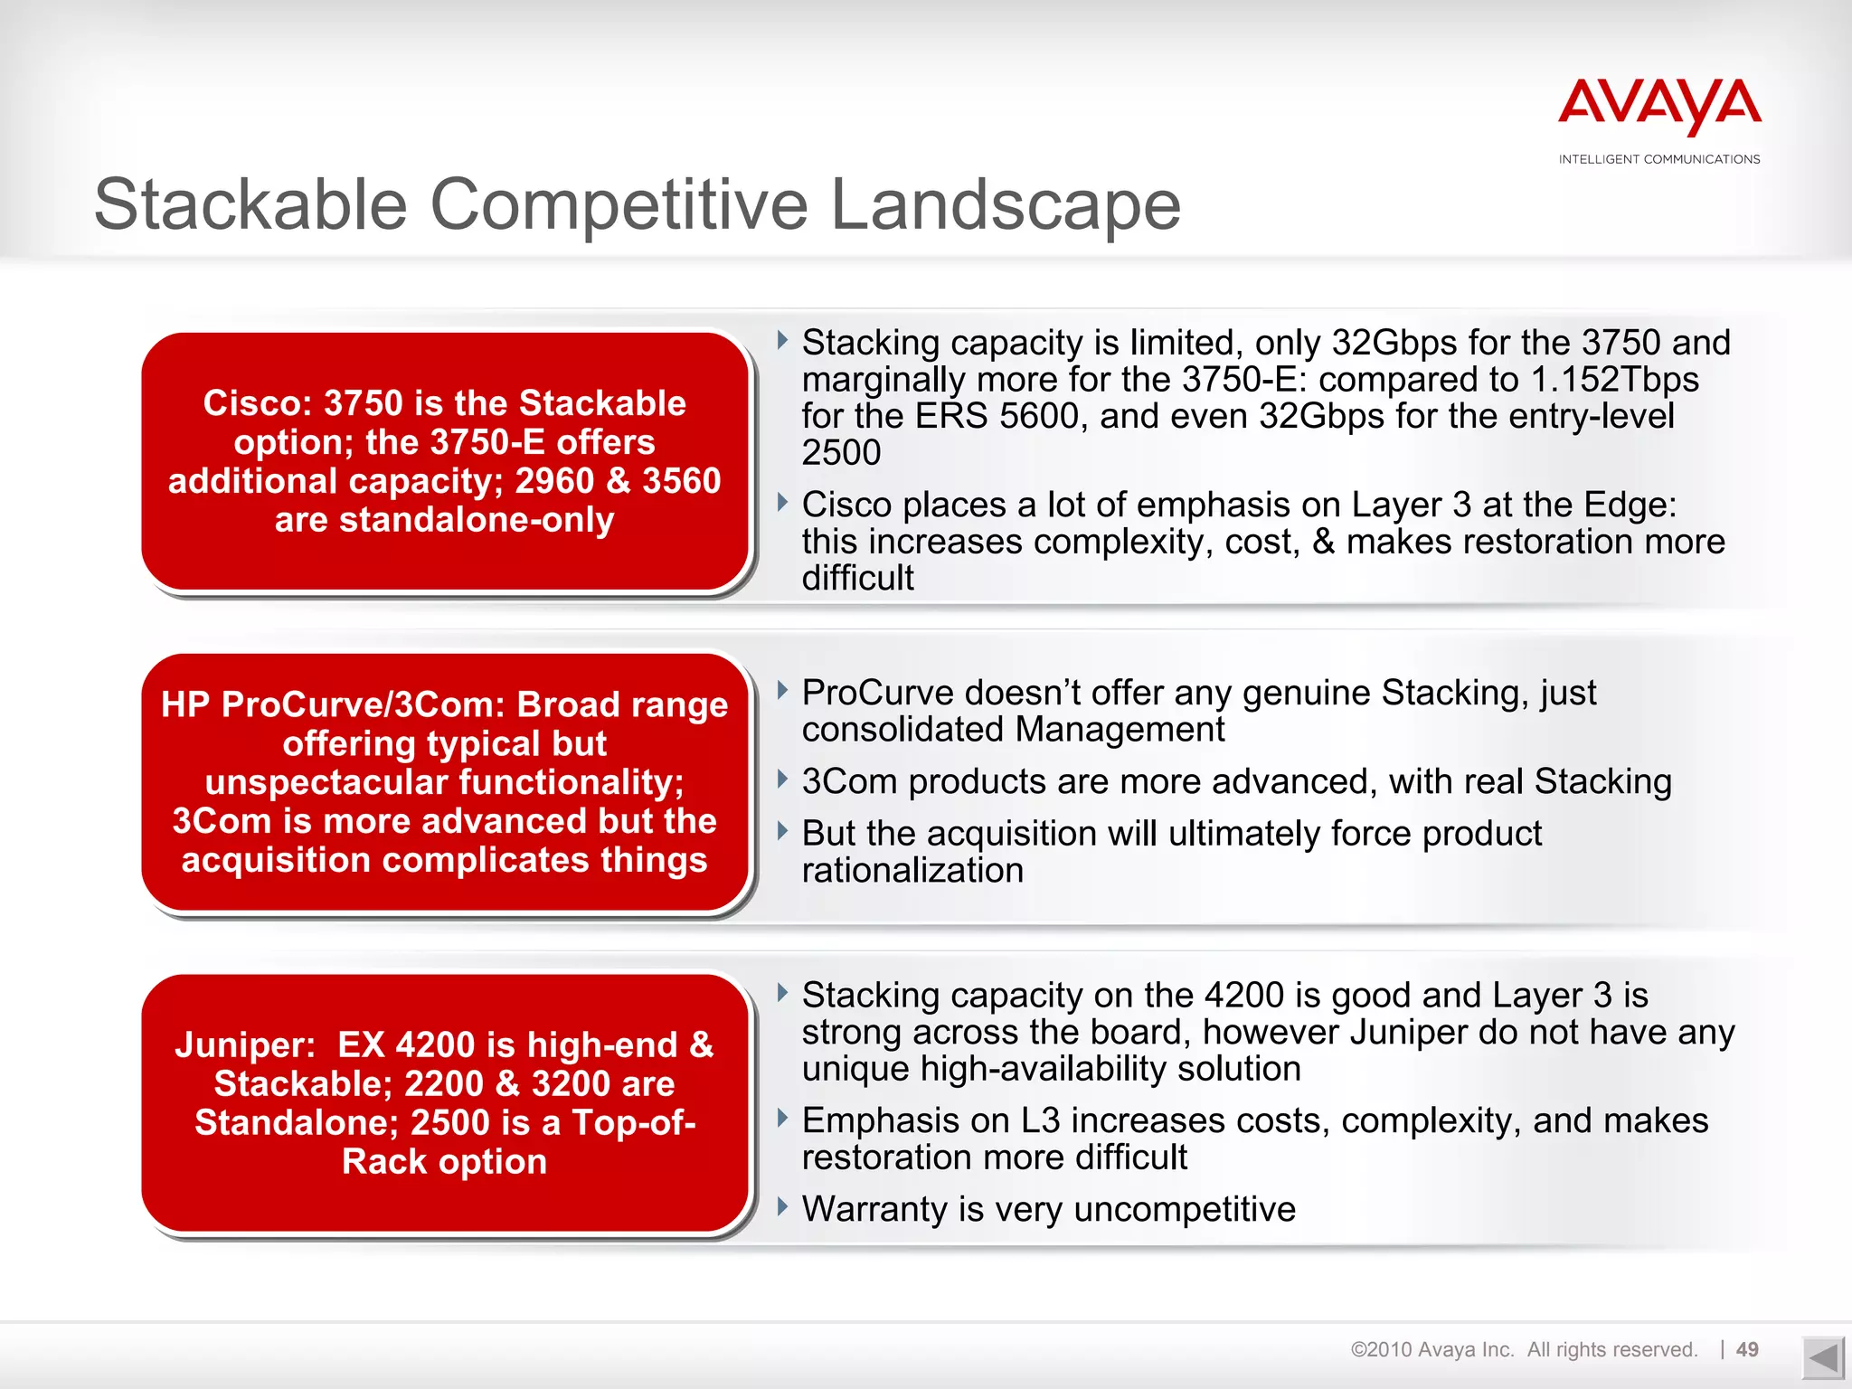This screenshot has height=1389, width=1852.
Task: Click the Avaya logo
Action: [1658, 107]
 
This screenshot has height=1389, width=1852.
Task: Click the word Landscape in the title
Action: [1005, 204]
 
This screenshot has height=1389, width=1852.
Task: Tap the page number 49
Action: [1747, 1349]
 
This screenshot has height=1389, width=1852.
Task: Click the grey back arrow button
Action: [1821, 1358]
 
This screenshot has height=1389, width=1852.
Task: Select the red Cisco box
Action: [444, 461]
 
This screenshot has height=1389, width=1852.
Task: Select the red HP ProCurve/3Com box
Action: [444, 781]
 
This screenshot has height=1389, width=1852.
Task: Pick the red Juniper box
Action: [444, 1102]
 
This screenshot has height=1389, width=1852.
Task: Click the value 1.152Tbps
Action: [1614, 380]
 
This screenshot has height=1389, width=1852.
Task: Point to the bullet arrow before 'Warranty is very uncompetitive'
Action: [782, 1206]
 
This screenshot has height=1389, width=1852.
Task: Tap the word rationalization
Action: [912, 871]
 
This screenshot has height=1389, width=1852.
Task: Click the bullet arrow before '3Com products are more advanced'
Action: [782, 779]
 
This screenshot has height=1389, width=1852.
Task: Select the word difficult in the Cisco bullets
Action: [857, 579]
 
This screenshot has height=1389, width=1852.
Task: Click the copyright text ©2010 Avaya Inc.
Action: [1432, 1349]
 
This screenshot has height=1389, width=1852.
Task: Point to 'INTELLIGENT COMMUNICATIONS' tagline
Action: [1658, 159]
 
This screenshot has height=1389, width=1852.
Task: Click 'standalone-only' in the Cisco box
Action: [477, 520]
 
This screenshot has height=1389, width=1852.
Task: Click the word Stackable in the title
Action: [250, 204]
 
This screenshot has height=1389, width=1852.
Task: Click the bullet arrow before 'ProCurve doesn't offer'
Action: [782, 691]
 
